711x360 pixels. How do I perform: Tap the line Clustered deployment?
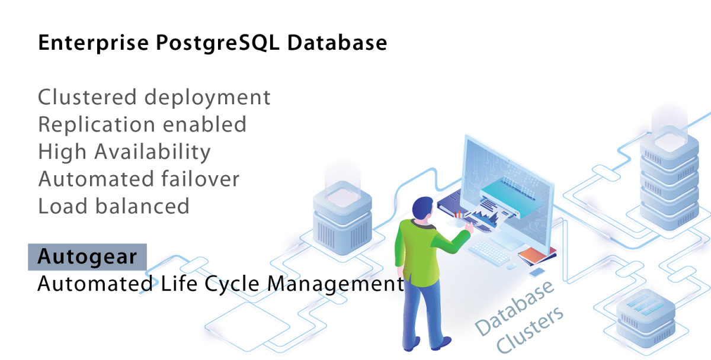click(154, 97)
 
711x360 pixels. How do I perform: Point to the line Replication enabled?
click(142, 124)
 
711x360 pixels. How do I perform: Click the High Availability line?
click(124, 152)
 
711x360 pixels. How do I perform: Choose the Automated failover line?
click(139, 179)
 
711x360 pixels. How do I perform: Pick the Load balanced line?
click(114, 206)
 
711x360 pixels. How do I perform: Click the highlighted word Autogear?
click(87, 257)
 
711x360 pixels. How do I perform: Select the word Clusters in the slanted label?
click(530, 332)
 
